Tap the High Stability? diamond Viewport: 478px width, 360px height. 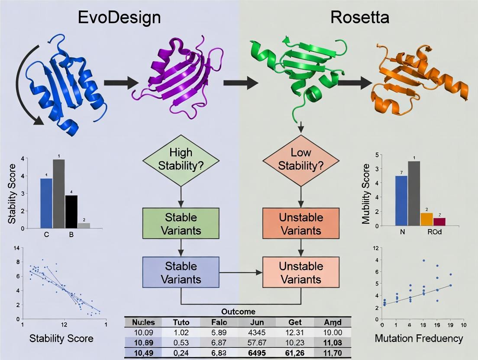pyautogui.click(x=181, y=160)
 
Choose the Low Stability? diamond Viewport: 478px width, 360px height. pyautogui.click(x=300, y=160)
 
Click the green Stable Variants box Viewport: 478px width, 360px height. pyautogui.click(x=181, y=224)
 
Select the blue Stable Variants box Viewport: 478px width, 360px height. pyautogui.click(x=181, y=273)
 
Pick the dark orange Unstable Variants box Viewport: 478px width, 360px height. pyautogui.click(x=300, y=224)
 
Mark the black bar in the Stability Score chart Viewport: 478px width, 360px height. pyautogui.click(x=71, y=212)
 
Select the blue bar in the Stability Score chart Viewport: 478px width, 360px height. pyautogui.click(x=46, y=203)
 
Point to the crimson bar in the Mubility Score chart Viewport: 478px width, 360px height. pyautogui.click(x=439, y=222)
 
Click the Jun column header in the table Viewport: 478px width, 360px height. pyautogui.click(x=257, y=322)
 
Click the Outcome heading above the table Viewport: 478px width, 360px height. pyautogui.click(x=238, y=311)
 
